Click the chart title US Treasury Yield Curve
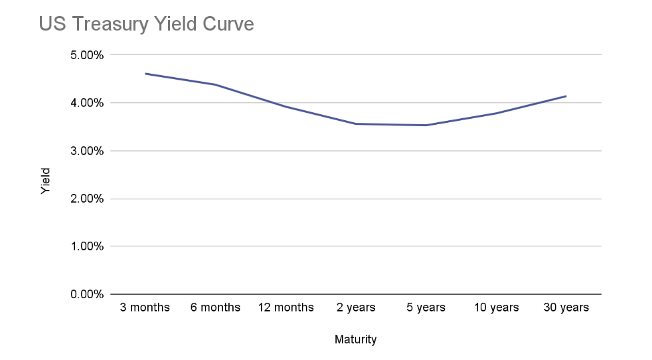[x=146, y=25]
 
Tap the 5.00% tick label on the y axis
[x=86, y=55]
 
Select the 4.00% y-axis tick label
[x=86, y=103]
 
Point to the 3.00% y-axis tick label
[x=86, y=151]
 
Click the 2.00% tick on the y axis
[x=86, y=199]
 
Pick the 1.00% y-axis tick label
[x=86, y=246]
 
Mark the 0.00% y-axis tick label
[x=86, y=294]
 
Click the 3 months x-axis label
[x=145, y=308]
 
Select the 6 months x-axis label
[x=215, y=308]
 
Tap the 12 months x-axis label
[x=285, y=308]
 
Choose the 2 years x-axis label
[x=355, y=308]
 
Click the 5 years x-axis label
[x=426, y=308]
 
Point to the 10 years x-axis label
[x=495, y=308]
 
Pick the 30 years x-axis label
[x=566, y=308]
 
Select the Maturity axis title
[x=355, y=340]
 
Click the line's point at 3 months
[x=145, y=74]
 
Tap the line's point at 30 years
[x=566, y=96]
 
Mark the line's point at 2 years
[x=356, y=124]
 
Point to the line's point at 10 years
[x=495, y=114]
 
